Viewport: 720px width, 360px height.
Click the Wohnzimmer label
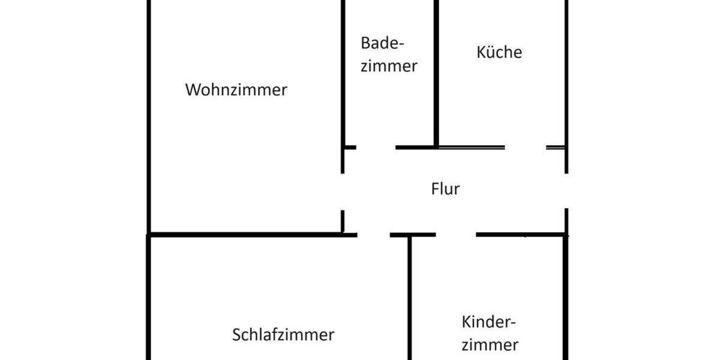pos(236,91)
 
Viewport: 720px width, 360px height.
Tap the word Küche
pos(499,52)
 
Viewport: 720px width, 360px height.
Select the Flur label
pos(445,189)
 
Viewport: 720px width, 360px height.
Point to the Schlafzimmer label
pos(283,334)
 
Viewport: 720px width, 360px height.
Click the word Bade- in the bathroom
pos(383,44)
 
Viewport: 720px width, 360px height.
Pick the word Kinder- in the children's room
pos(489,322)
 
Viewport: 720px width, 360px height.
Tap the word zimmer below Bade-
pos(389,66)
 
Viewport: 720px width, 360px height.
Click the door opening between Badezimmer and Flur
pos(376,147)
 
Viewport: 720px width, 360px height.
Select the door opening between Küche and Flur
pos(525,147)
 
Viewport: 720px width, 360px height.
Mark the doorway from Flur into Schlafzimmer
pos(373,235)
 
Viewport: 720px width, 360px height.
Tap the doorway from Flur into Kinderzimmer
pos(456,235)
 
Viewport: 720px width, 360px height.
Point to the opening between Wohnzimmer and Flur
pos(343,191)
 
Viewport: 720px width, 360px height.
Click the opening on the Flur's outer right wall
pos(566,191)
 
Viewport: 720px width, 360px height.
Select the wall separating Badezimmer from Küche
pos(436,72)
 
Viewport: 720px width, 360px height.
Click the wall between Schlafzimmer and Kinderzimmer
pos(410,300)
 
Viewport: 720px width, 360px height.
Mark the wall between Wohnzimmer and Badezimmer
pos(343,72)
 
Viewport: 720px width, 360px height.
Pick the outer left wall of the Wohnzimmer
pos(148,120)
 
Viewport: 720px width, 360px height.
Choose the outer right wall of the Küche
pos(566,72)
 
